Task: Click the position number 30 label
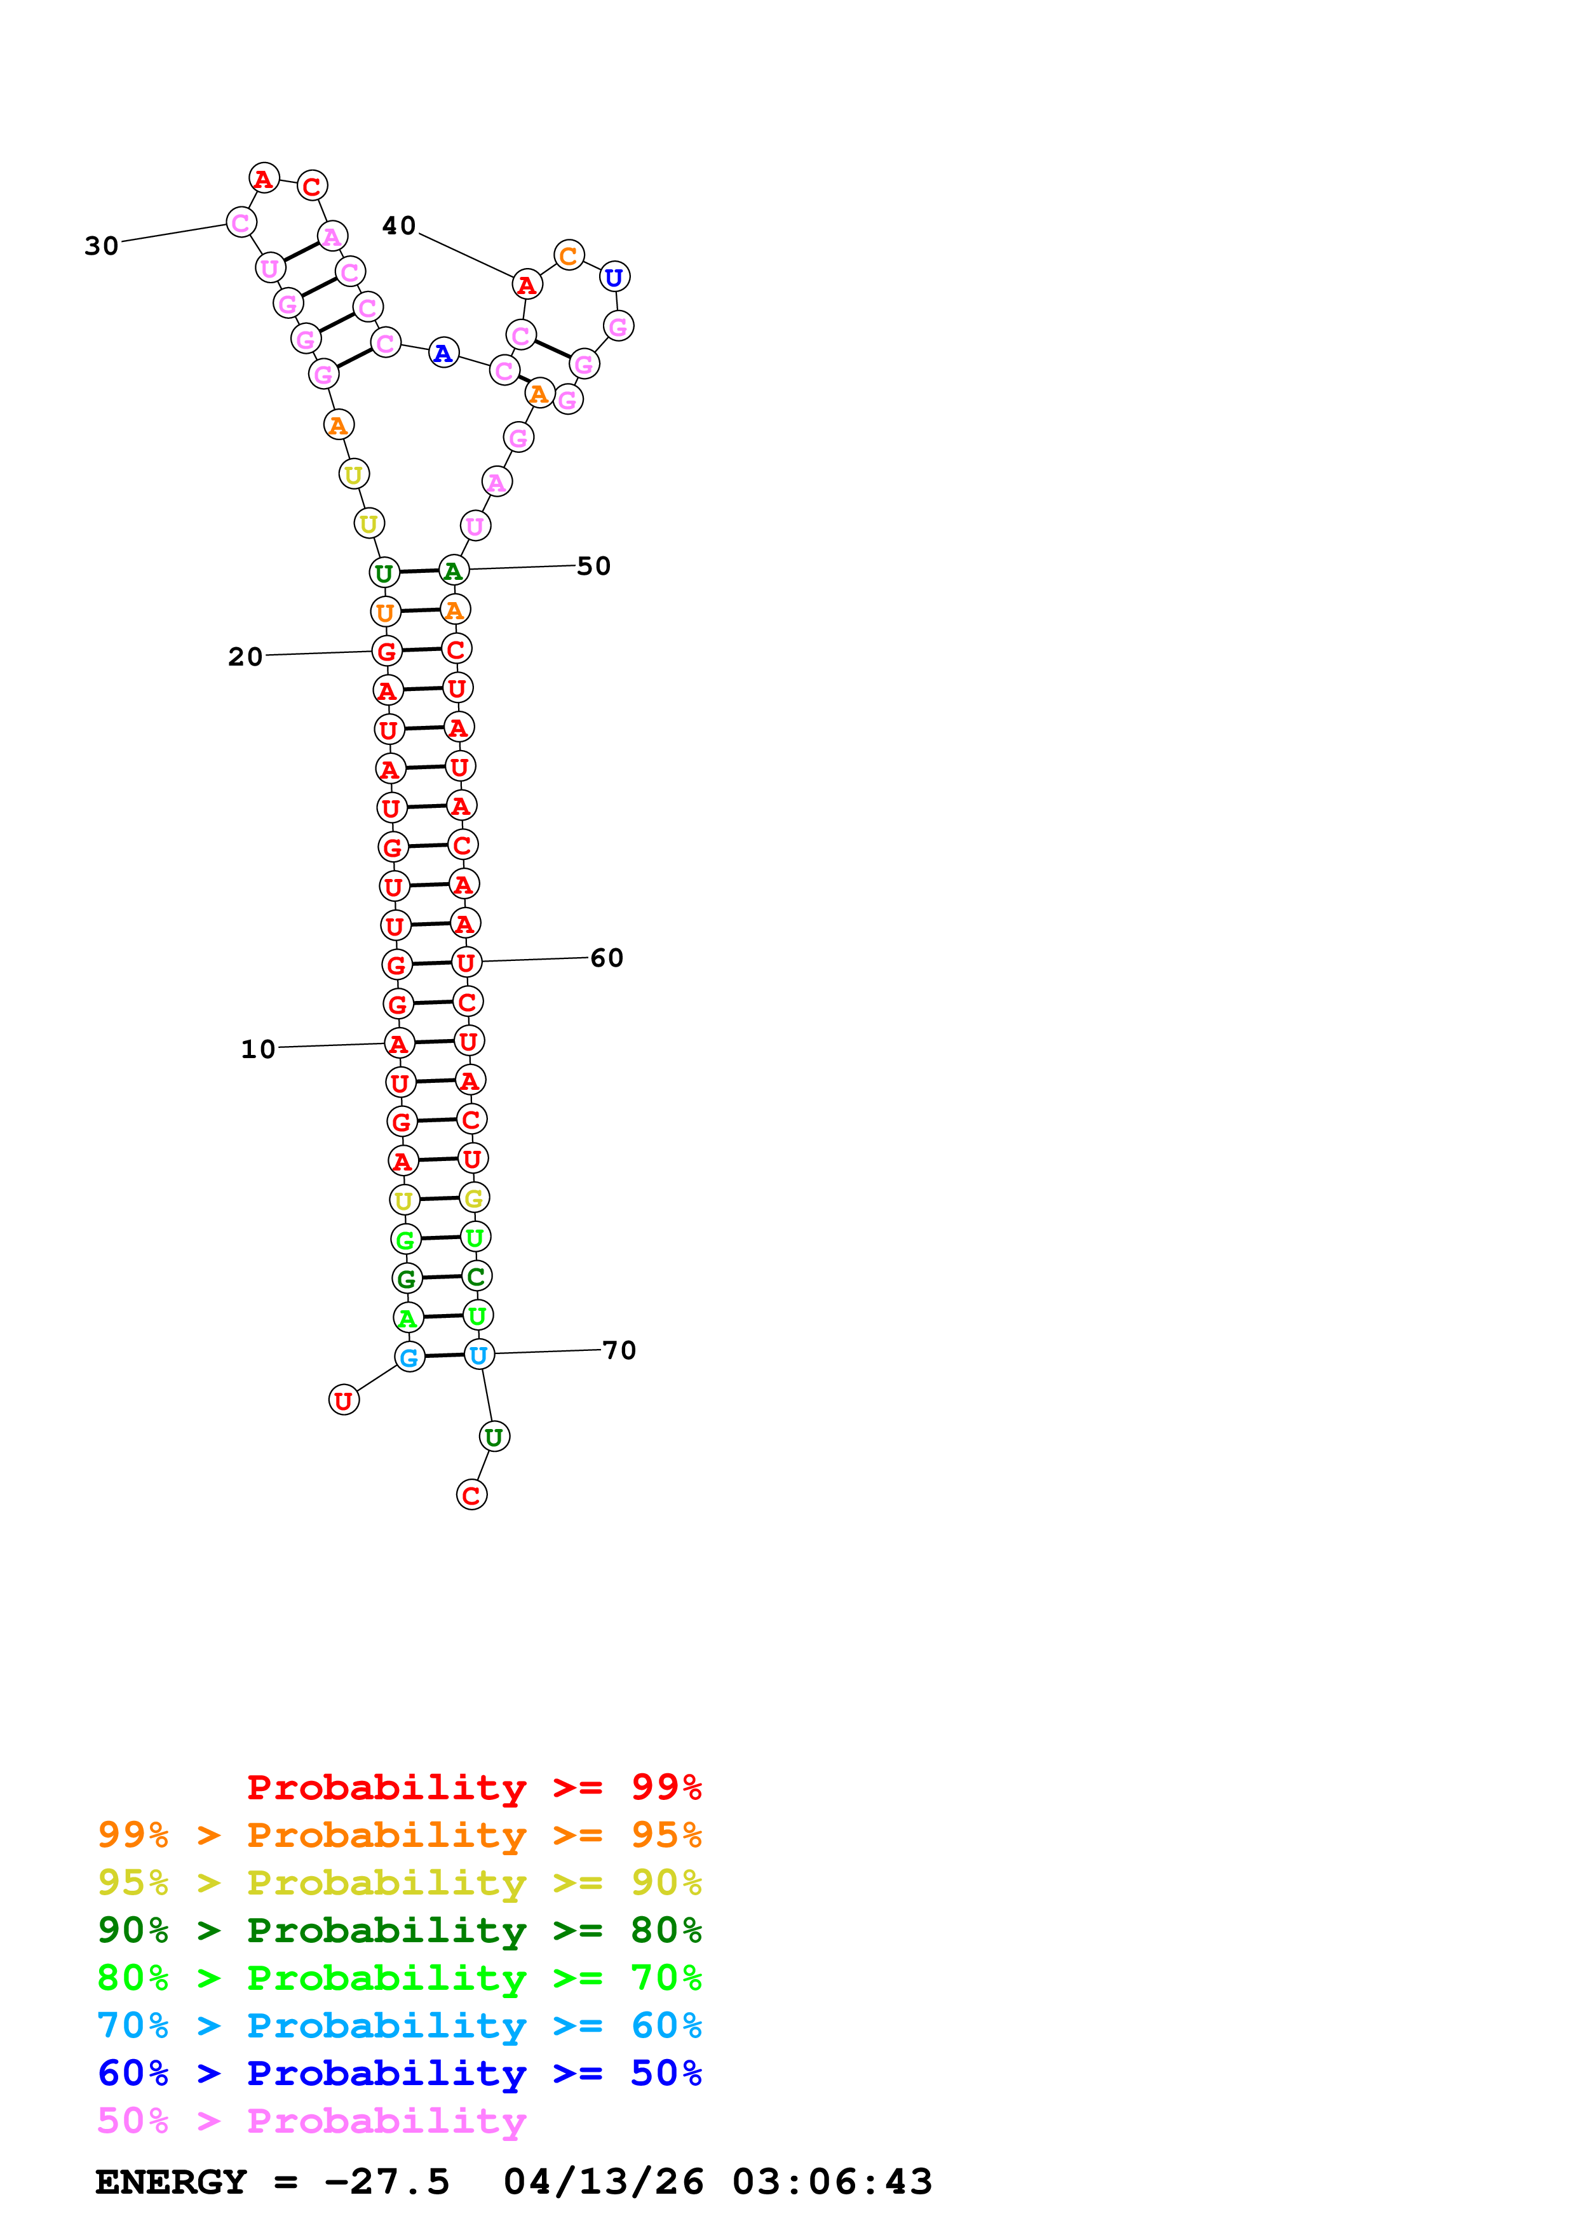(101, 246)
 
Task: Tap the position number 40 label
(399, 226)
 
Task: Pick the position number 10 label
(258, 1049)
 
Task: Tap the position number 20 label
(245, 657)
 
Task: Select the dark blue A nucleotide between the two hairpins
(443, 353)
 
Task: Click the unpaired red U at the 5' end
(344, 1400)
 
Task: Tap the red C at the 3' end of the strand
(471, 1495)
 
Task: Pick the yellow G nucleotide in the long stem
(473, 1198)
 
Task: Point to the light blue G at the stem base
(410, 1357)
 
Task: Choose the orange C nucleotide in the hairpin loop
(569, 256)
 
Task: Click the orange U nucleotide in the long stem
(385, 612)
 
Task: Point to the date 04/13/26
(604, 2182)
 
